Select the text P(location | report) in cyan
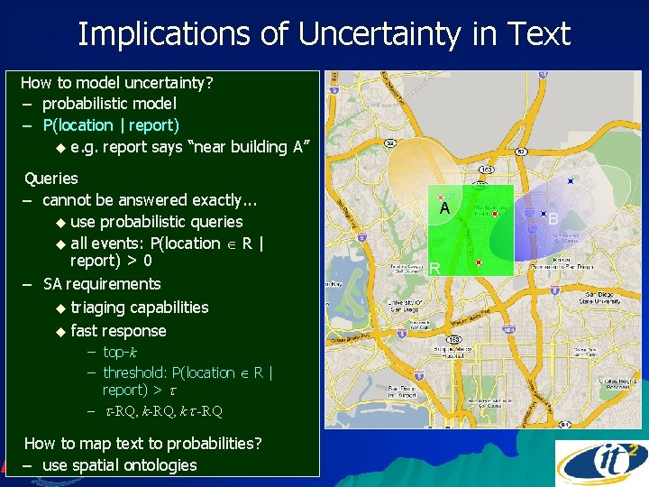[111, 125]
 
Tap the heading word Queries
[50, 179]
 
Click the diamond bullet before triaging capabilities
[60, 308]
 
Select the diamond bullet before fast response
[60, 331]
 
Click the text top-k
[120, 352]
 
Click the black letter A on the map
[444, 208]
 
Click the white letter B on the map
[553, 219]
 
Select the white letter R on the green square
[434, 268]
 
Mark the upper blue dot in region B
[570, 181]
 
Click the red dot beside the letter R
[479, 262]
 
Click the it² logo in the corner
[601, 463]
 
